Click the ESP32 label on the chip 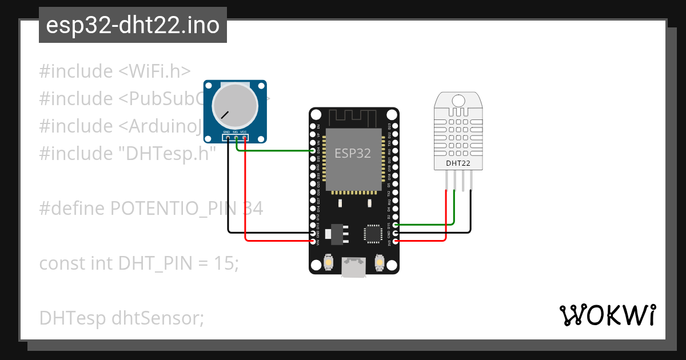pos(353,153)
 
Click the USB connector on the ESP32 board pos(353,267)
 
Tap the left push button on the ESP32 pos(329,263)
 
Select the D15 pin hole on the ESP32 pos(396,225)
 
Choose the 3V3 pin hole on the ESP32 pos(396,241)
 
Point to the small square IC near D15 pos(372,234)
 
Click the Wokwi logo pos(608,315)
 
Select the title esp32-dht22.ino pos(133,26)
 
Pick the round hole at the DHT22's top pos(458,101)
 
